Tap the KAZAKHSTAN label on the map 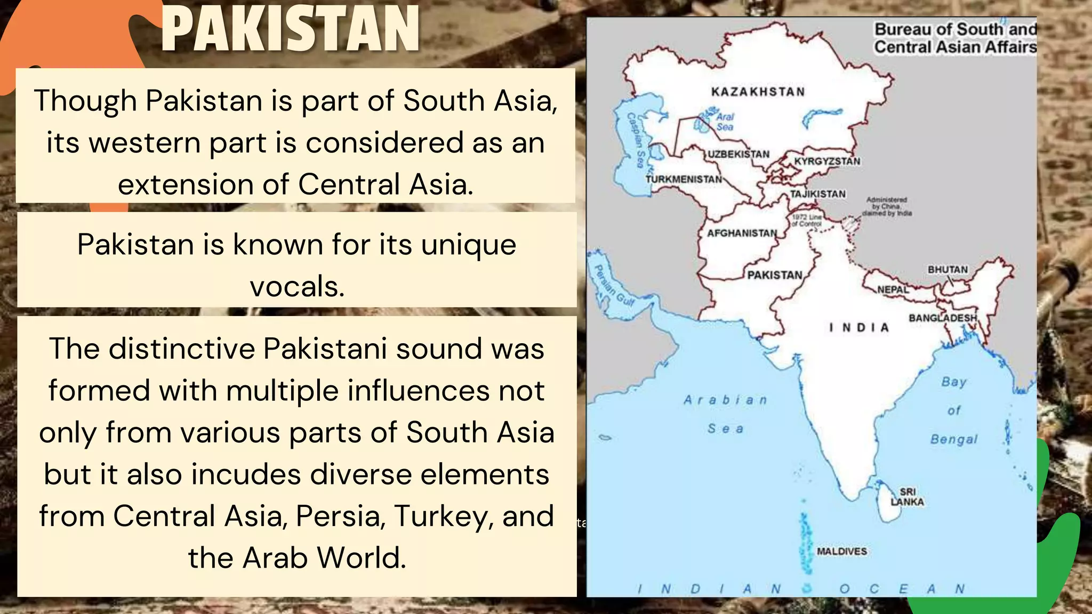click(758, 92)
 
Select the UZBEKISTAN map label click(738, 154)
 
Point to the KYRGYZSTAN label click(827, 161)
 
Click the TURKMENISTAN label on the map click(684, 179)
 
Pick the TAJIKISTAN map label click(817, 194)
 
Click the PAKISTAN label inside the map click(775, 275)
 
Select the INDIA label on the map click(859, 327)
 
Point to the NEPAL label click(893, 289)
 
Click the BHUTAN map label click(948, 270)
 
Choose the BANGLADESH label click(943, 318)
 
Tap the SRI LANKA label click(907, 497)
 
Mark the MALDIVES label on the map click(842, 551)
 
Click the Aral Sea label click(725, 122)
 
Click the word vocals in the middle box click(297, 287)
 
